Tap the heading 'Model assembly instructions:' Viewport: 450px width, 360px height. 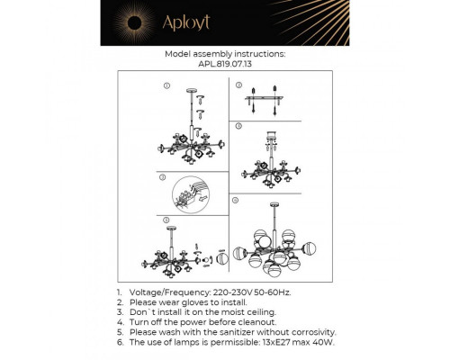coord(224,53)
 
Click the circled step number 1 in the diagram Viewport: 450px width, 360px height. coord(166,85)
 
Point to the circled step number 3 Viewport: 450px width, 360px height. coord(164,178)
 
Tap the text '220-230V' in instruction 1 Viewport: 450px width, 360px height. coord(237,293)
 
